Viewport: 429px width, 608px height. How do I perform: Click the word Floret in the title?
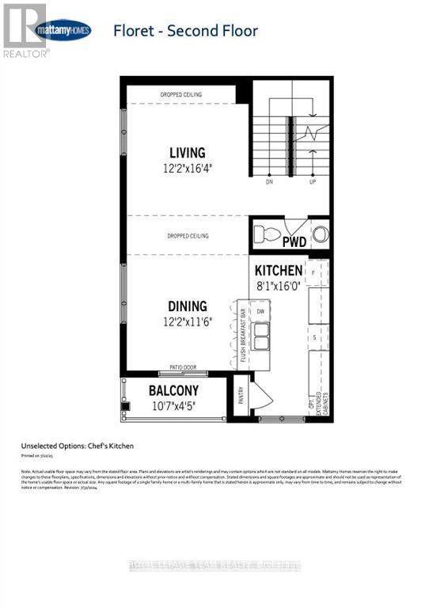coord(135,32)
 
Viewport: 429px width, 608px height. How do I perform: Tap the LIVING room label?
coord(187,153)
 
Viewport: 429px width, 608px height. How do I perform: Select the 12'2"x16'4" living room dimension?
coord(187,168)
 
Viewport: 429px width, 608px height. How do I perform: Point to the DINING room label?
coord(187,306)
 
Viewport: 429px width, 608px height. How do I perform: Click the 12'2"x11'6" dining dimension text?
coord(187,321)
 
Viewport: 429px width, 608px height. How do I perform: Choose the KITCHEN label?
coord(278,271)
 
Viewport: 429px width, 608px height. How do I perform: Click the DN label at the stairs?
coord(270,181)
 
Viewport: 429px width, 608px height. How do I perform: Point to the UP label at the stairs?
coord(313,181)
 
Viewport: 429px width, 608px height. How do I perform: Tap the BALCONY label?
coord(173,391)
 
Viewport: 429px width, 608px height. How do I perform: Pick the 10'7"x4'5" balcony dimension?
coord(173,405)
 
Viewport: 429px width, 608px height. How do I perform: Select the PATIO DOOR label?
coord(183,367)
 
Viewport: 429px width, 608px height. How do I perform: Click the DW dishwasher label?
coord(260,312)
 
